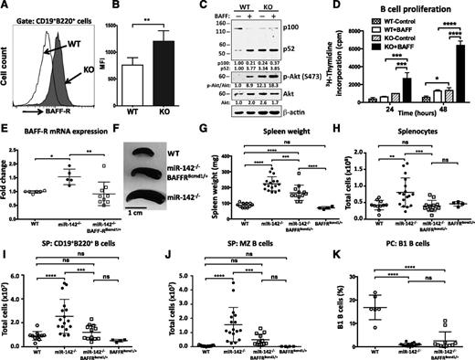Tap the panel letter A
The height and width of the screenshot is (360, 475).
pyautogui.click(x=6, y=6)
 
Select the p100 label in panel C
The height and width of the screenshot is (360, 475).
pyautogui.click(x=305, y=29)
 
